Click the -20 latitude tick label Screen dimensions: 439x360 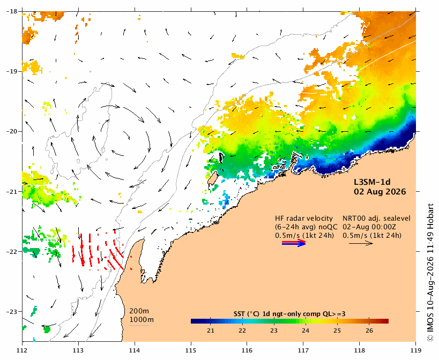pos(11,131)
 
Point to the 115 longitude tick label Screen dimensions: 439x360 pos(191,350)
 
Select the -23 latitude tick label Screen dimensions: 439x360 pos(11,312)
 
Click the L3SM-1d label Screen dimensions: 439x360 pos(372,182)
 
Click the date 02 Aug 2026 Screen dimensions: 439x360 pos(380,192)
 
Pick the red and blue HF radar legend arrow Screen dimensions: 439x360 pos(294,243)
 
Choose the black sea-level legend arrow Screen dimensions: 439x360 pos(361,243)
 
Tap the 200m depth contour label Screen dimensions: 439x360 pos(139,311)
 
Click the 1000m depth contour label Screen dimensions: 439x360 pos(142,320)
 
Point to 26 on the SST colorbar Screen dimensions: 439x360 pos(369,331)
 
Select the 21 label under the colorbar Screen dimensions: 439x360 pos(211,331)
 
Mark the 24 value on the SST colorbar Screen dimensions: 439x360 pos(306,331)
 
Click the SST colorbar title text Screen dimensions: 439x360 pos(289,314)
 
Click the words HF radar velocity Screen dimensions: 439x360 pos(304,219)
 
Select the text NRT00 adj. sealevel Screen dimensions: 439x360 pos(377,219)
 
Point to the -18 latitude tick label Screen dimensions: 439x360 pos(11,11)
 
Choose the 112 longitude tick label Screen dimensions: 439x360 pos(22,350)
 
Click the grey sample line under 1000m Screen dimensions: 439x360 pos(139,325)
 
